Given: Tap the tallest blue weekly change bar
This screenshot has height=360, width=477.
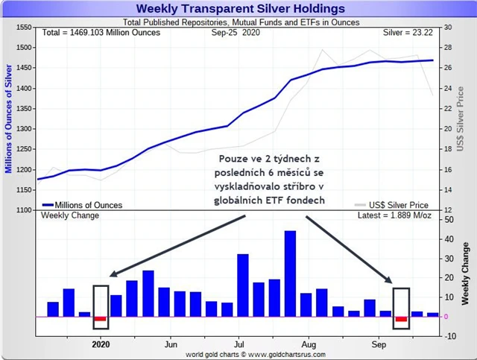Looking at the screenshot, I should (290, 273).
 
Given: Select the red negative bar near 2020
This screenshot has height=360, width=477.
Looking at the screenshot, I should (101, 319).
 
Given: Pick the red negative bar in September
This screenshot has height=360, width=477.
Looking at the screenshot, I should (401, 319).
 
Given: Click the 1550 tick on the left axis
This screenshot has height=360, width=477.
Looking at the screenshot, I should (23, 27).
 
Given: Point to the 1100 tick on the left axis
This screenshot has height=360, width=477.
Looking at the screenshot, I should (23, 212).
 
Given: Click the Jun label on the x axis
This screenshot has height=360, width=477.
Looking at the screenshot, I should (171, 346).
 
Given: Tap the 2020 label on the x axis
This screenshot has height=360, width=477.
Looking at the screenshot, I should (101, 346).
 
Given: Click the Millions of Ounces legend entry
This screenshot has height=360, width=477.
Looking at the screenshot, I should (83, 204).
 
